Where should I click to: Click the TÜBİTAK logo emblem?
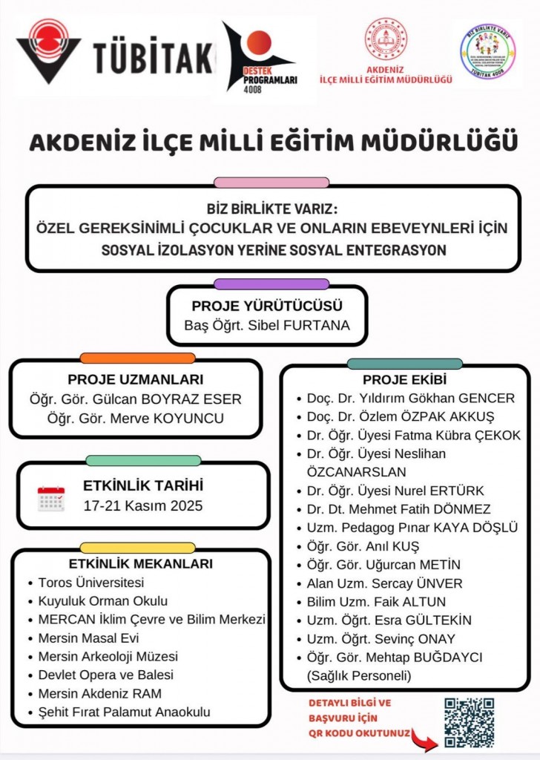click(x=49, y=52)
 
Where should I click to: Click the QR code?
click(x=469, y=721)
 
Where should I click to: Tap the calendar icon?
click(x=51, y=499)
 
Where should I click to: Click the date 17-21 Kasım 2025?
click(x=143, y=506)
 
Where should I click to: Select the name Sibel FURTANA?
click(x=309, y=325)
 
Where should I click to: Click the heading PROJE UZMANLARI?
click(x=135, y=379)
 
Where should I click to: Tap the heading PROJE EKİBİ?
click(x=404, y=380)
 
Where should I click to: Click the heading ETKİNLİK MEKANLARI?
click(x=140, y=563)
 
